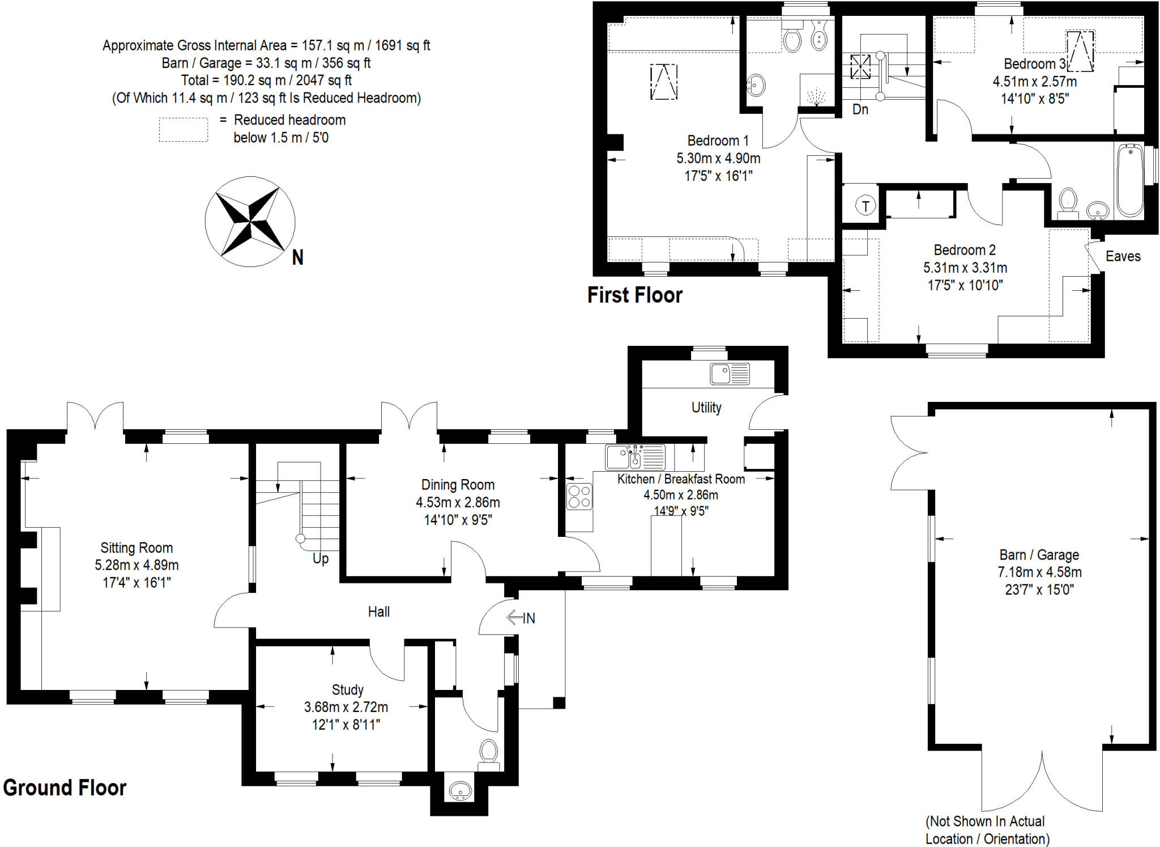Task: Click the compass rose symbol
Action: click(250, 222)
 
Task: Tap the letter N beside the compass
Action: click(297, 258)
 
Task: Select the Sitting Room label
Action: click(137, 548)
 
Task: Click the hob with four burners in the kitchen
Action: click(579, 497)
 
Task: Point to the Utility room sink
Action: click(730, 374)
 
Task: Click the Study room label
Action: click(347, 689)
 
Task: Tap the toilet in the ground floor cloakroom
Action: click(488, 753)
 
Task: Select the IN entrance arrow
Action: click(521, 617)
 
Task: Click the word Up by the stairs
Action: click(321, 558)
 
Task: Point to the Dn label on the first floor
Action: click(860, 109)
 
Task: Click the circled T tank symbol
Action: click(865, 206)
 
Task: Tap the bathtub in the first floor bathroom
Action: click(1130, 180)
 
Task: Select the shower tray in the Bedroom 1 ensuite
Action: click(816, 91)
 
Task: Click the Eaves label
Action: click(1123, 256)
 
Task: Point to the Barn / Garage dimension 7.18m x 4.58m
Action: click(1039, 572)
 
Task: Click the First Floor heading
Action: click(634, 295)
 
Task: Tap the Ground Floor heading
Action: click(65, 787)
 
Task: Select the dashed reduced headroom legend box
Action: click(183, 129)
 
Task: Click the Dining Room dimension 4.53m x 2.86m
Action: click(458, 502)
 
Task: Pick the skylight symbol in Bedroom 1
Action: click(664, 82)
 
